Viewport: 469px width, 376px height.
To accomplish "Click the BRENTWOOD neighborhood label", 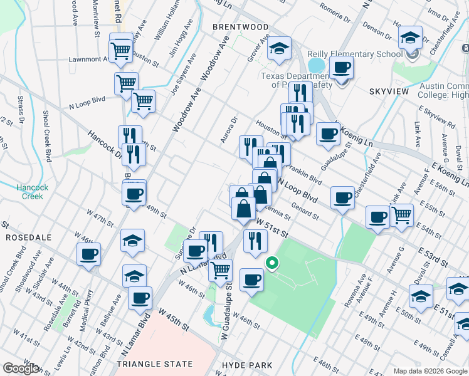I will (x=240, y=27).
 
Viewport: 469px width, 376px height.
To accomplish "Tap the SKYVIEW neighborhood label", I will (x=389, y=91).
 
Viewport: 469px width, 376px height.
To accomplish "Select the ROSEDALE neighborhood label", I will (x=23, y=238).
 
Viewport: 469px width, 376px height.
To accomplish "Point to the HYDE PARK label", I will (x=247, y=365).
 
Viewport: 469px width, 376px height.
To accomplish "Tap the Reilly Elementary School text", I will (x=354, y=55).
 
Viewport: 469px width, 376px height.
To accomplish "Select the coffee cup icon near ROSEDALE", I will (x=88, y=254).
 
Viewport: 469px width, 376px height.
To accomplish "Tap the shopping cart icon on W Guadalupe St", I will (x=220, y=270).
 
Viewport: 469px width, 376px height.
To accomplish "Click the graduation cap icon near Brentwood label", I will (x=279, y=47).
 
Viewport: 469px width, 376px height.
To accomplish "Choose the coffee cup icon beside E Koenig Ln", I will (x=328, y=133).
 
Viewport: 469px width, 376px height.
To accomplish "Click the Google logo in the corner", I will (x=21, y=368).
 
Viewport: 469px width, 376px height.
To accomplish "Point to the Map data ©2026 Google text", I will (x=429, y=370).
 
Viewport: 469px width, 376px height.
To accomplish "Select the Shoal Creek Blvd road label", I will (x=46, y=137).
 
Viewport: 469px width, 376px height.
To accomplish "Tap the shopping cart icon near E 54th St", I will (x=401, y=215).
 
